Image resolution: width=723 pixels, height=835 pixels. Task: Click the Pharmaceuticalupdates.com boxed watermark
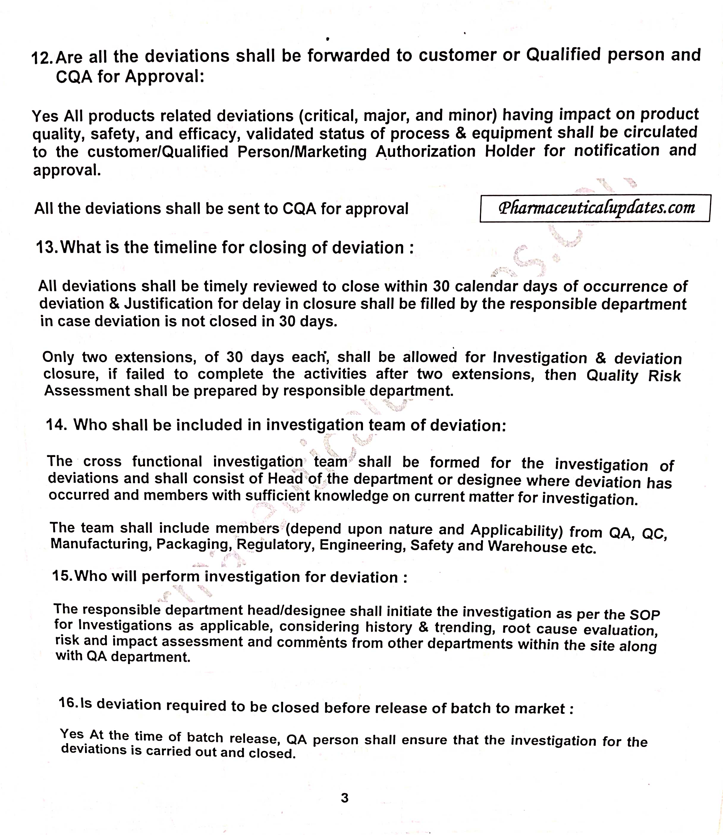(595, 208)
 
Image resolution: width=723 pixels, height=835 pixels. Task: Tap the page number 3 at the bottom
(345, 798)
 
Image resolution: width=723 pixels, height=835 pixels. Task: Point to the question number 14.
(56, 425)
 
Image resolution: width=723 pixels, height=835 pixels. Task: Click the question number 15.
(62, 575)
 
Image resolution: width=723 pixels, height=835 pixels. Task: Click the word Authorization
(426, 151)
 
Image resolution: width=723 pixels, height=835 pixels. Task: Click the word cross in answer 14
(103, 461)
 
